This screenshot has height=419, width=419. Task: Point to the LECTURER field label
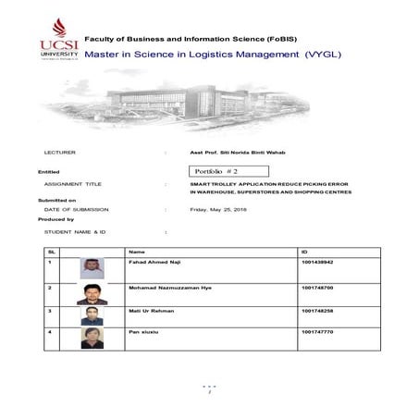tap(59, 151)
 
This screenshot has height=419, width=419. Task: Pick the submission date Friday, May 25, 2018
tap(218, 209)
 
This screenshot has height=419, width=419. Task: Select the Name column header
tap(137, 252)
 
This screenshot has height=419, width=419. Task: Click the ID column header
tap(304, 252)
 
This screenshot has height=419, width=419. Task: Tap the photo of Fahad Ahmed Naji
tap(92, 269)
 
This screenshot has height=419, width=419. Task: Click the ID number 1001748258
tap(317, 311)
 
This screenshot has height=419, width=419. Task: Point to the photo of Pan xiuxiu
tap(92, 339)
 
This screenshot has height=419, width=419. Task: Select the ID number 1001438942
tap(317, 263)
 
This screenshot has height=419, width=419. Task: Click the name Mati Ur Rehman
tap(152, 311)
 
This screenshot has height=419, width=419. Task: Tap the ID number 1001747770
tap(317, 331)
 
